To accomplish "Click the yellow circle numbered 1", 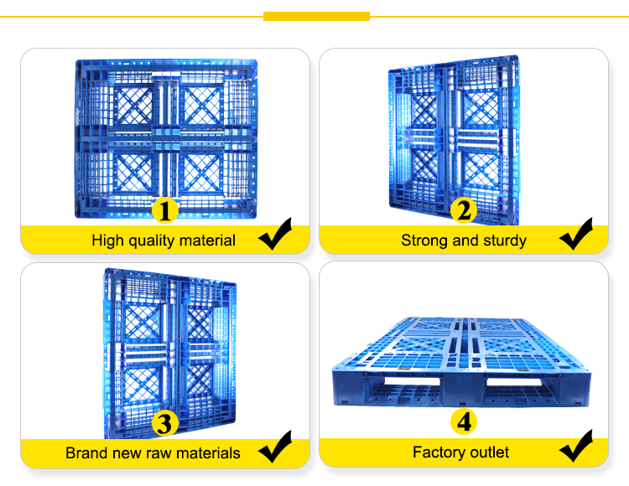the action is [x=165, y=210].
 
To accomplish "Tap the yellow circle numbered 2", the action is [x=464, y=210].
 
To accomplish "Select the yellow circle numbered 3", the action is [x=165, y=423].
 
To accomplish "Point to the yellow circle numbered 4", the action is [x=464, y=421].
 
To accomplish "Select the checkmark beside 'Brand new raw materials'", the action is [x=275, y=447].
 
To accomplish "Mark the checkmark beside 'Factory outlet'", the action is [x=576, y=446].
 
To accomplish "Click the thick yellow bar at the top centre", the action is [x=316, y=17].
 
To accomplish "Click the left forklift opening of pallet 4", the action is [x=412, y=380].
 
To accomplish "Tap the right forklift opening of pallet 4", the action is [x=515, y=381].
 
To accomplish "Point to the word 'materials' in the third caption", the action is [x=208, y=453].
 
